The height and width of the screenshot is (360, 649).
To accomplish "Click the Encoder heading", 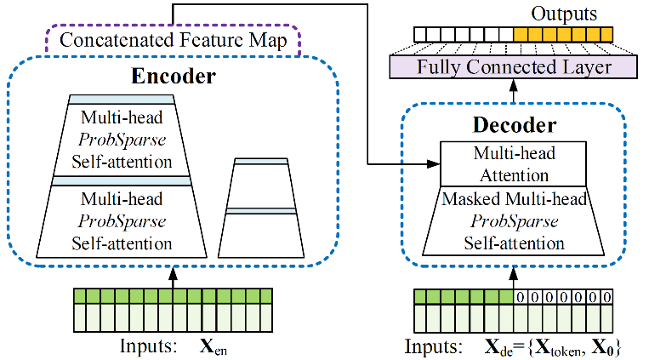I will pyautogui.click(x=174, y=77).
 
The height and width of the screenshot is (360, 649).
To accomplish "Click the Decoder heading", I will pyautogui.click(x=514, y=126).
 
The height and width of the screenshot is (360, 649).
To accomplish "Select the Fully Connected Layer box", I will pyautogui.click(x=513, y=66).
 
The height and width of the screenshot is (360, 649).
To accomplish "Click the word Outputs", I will pyautogui.click(x=562, y=14).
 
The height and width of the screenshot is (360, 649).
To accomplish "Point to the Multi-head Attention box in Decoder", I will pyautogui.click(x=514, y=164).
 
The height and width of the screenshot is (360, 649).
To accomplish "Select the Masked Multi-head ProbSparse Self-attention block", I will pyautogui.click(x=514, y=221).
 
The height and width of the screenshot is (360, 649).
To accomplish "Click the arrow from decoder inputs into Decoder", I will pyautogui.click(x=514, y=277).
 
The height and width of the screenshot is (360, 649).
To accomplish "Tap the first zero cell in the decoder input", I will pyautogui.click(x=521, y=297).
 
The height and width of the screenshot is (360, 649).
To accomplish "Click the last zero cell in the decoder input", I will pyautogui.click(x=605, y=297).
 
